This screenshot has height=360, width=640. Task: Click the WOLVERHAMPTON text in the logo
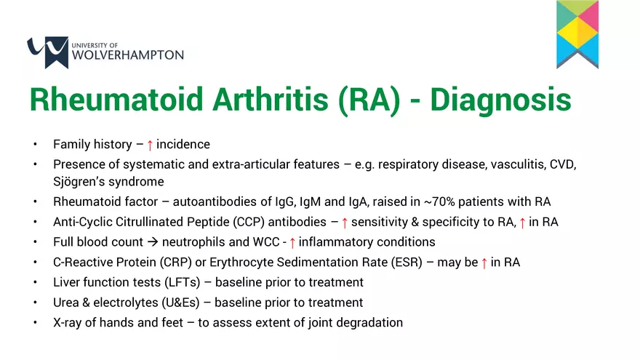point(129,55)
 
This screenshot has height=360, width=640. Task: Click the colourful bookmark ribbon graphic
point(577,33)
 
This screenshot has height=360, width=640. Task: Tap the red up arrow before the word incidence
point(150,145)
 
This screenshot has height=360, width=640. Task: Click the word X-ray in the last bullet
point(69,321)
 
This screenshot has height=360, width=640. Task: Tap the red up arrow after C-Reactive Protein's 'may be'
point(484,263)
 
